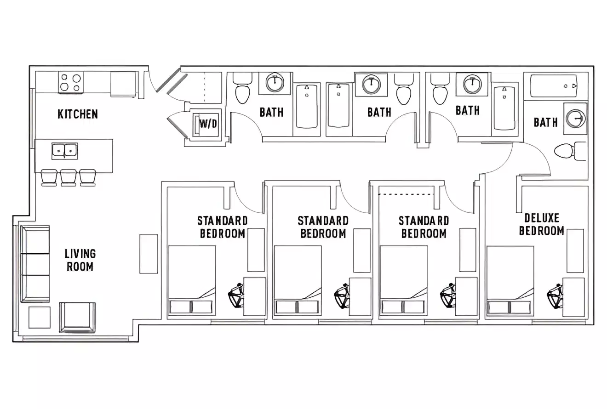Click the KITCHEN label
pyautogui.click(x=78, y=114)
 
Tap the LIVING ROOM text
pyautogui.click(x=80, y=260)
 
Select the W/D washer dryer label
pyautogui.click(x=208, y=124)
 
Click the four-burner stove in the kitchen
pyautogui.click(x=70, y=83)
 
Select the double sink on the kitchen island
pyautogui.click(x=64, y=151)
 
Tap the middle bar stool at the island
pyautogui.click(x=69, y=177)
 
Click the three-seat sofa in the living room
pyautogui.click(x=35, y=264)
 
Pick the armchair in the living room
pyautogui.click(x=77, y=317)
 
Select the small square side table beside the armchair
pyautogui.click(x=40, y=318)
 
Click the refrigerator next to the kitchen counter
pyautogui.click(x=124, y=84)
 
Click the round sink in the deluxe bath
pyautogui.click(x=575, y=118)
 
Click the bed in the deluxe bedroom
pyautogui.click(x=510, y=280)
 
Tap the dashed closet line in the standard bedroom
pyautogui.click(x=406, y=195)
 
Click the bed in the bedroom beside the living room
pyautogui.click(x=192, y=280)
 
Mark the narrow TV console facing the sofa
pyautogui.click(x=149, y=254)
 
